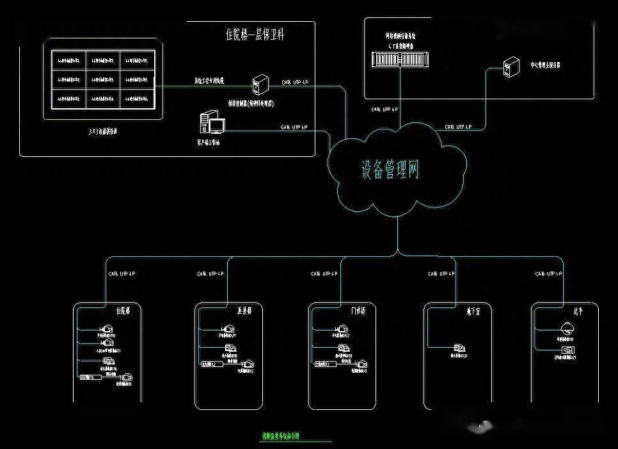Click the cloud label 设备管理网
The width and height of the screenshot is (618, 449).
tap(390, 169)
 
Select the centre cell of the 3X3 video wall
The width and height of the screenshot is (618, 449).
tap(103, 81)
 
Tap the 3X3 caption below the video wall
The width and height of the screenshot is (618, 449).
tap(102, 131)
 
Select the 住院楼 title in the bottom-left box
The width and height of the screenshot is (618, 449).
tap(123, 311)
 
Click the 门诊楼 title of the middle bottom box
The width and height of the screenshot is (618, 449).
tap(358, 311)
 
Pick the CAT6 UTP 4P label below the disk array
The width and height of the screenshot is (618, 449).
tap(386, 110)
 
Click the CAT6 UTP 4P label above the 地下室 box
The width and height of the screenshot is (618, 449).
tap(442, 274)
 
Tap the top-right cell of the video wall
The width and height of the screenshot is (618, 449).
tap(138, 61)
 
